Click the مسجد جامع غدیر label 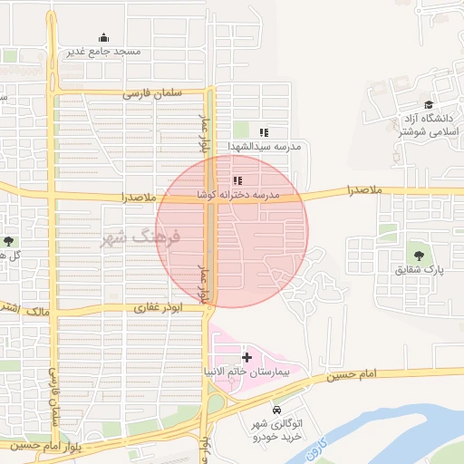103,53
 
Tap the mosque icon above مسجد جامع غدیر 103,38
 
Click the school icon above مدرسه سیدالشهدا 264,132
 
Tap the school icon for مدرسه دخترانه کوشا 237,181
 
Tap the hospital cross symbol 246,358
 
